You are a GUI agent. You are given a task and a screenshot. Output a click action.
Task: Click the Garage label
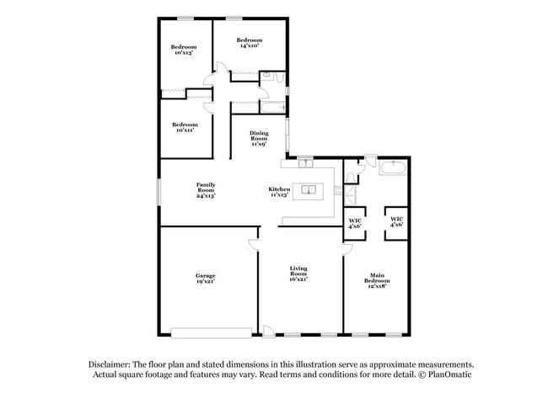[206, 279]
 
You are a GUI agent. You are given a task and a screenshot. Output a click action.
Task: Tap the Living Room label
[298, 273]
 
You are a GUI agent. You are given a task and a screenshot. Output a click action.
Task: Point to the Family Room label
[205, 190]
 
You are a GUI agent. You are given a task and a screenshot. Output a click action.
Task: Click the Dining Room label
[259, 139]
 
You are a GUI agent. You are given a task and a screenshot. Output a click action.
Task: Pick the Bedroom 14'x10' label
[249, 43]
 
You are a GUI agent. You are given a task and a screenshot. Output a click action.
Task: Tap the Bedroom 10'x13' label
[184, 50]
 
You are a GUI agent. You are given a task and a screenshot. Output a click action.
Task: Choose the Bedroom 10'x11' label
[185, 128]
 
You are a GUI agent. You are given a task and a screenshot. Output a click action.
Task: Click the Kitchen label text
[279, 193]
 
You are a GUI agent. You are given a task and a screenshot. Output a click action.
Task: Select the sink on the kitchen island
[309, 189]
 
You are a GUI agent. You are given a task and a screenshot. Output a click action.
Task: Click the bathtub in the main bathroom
[392, 168]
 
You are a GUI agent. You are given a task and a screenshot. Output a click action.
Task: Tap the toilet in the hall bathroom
[266, 77]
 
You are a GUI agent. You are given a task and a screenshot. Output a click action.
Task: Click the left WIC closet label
[355, 224]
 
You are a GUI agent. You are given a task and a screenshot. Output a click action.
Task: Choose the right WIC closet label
[396, 223]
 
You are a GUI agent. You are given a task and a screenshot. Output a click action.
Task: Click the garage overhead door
[211, 330]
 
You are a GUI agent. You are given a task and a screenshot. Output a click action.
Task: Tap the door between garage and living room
[254, 246]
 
